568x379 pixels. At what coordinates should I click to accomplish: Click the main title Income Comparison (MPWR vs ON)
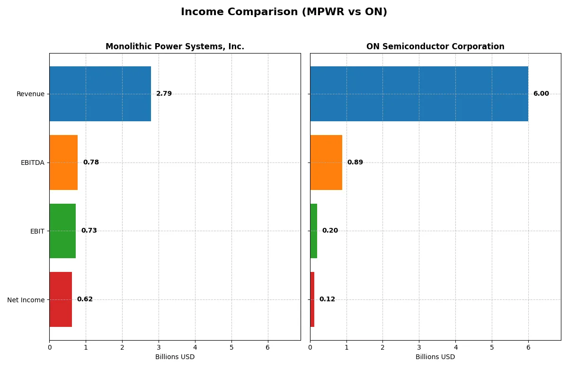(284, 12)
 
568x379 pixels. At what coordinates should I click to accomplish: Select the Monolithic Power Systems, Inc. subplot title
(175, 46)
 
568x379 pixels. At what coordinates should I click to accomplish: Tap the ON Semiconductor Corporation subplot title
(435, 46)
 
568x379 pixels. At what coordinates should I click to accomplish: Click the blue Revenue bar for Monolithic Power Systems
(100, 94)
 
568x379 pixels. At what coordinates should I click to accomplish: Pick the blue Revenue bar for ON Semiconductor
(419, 94)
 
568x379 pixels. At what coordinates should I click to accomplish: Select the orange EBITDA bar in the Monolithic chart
(63, 162)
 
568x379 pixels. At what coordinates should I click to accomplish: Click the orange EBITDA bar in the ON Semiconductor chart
(326, 162)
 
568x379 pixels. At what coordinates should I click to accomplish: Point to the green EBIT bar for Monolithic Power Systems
(62, 231)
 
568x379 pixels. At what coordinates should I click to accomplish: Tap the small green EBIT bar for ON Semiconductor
(313, 231)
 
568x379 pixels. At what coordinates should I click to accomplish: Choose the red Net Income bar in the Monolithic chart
(61, 299)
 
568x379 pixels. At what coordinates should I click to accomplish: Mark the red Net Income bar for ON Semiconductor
(312, 299)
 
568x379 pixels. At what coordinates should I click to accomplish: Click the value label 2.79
(164, 94)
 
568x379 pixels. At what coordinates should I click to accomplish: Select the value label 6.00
(541, 94)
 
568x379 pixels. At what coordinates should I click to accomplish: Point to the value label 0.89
(355, 162)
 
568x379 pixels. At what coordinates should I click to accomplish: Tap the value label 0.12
(327, 299)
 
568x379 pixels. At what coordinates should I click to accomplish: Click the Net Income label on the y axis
(26, 300)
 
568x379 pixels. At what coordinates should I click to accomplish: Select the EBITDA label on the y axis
(32, 162)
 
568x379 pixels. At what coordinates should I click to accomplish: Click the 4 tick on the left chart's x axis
(195, 347)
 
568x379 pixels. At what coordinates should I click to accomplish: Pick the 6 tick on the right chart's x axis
(528, 347)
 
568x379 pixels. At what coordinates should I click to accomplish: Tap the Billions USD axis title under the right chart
(435, 357)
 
